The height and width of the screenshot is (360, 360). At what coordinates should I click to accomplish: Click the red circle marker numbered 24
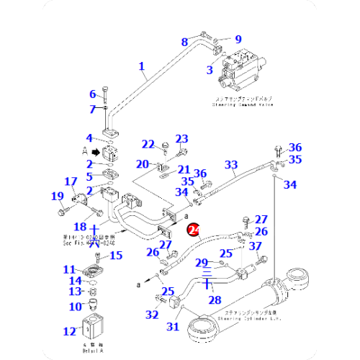pyautogui.click(x=193, y=230)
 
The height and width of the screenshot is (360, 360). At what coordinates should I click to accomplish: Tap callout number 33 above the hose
pyautogui.click(x=230, y=165)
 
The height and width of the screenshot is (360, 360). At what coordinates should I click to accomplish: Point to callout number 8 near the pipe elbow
pyautogui.click(x=184, y=42)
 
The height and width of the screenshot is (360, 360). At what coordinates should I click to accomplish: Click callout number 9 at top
pyautogui.click(x=238, y=39)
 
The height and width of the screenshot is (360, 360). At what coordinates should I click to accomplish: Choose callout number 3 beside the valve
pyautogui.click(x=210, y=70)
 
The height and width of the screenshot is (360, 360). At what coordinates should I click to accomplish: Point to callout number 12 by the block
pyautogui.click(x=69, y=332)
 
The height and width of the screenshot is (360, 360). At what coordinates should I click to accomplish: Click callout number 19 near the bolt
pyautogui.click(x=56, y=196)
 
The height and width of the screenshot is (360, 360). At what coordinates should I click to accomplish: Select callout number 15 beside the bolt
pyautogui.click(x=114, y=255)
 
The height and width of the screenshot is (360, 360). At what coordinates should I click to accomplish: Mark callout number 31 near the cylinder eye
pyautogui.click(x=172, y=327)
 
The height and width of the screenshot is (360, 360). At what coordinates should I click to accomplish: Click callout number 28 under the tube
pyautogui.click(x=214, y=298)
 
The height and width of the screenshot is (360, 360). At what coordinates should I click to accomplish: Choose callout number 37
pyautogui.click(x=256, y=246)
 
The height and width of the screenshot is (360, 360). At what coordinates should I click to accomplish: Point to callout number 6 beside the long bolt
pyautogui.click(x=92, y=94)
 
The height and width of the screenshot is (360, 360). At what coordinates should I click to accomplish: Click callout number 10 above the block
pyautogui.click(x=75, y=307)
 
